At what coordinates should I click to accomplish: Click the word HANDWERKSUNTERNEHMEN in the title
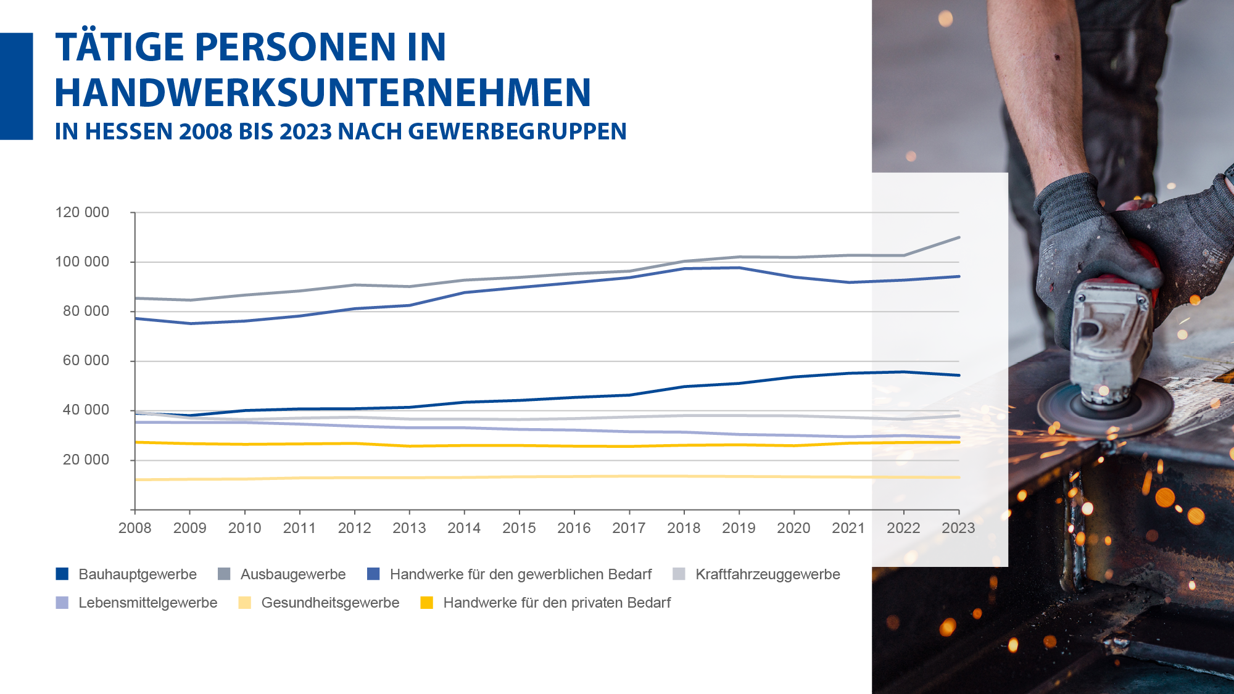(x=323, y=93)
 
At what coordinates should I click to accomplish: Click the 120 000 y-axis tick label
(x=82, y=212)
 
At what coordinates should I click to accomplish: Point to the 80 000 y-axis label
(x=86, y=311)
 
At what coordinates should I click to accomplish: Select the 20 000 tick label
(x=86, y=460)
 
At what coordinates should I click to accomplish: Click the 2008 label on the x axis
(x=135, y=528)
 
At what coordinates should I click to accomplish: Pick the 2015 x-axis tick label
(x=519, y=528)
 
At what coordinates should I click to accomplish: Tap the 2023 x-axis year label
(x=958, y=528)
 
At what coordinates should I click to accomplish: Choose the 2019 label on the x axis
(x=739, y=528)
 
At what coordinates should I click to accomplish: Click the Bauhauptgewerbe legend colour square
(x=62, y=574)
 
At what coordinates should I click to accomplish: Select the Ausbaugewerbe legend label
(x=293, y=574)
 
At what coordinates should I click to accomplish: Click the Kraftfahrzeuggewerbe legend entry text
(x=768, y=574)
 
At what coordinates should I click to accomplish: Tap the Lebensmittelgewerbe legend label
(x=148, y=603)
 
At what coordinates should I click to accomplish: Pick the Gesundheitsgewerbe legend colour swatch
(x=245, y=603)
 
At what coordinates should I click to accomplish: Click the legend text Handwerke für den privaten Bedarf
(x=557, y=603)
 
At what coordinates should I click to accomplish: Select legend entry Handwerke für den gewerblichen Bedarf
(x=521, y=574)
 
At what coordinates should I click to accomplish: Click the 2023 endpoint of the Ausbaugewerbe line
(x=959, y=238)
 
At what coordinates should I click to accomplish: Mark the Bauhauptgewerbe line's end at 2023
(x=959, y=375)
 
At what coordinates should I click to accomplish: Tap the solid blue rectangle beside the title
(x=16, y=86)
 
